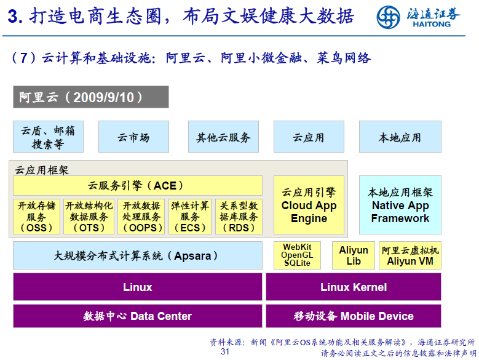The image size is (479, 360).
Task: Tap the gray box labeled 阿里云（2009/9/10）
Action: [x=91, y=97]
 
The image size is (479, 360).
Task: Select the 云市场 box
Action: [x=133, y=137]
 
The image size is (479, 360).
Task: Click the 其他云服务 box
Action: [x=223, y=137]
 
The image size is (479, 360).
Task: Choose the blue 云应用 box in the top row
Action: [x=309, y=137]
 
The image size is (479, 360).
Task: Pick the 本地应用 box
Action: [x=400, y=137]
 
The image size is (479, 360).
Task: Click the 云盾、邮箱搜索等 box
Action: [x=48, y=137]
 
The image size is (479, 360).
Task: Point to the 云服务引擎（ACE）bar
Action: [x=137, y=185]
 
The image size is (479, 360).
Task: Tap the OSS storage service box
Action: [x=36, y=217]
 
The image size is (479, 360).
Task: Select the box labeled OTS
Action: [x=89, y=217]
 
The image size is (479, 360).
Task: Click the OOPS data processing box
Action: [x=141, y=217]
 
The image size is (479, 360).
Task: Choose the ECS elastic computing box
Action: [x=190, y=217]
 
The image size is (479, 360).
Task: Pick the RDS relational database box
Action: [x=239, y=217]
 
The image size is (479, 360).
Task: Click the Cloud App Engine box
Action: [x=309, y=206]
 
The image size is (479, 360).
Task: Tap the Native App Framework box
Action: [x=400, y=206]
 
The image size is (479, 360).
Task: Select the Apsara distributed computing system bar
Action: [x=137, y=255]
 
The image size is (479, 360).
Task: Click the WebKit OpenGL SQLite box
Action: [x=298, y=255]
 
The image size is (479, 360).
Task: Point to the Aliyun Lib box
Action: [x=354, y=255]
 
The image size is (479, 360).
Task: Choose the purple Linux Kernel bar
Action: [x=353, y=287]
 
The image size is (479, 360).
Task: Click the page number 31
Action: [x=225, y=352]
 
